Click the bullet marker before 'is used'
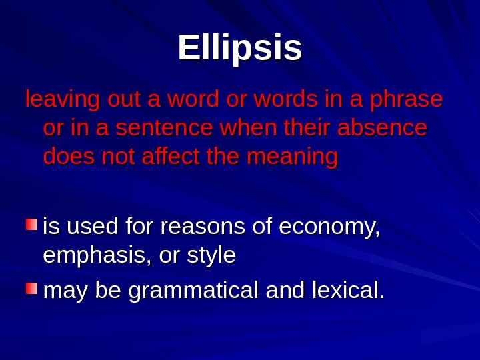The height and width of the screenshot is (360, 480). [31, 225]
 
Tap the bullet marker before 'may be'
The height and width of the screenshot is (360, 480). [31, 288]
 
